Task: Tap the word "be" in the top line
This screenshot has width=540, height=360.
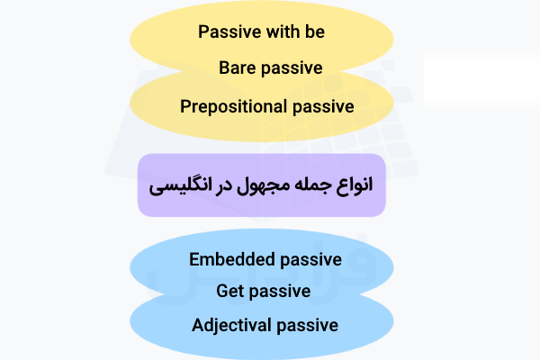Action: click(x=314, y=31)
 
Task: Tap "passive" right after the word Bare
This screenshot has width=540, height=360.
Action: click(x=292, y=68)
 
